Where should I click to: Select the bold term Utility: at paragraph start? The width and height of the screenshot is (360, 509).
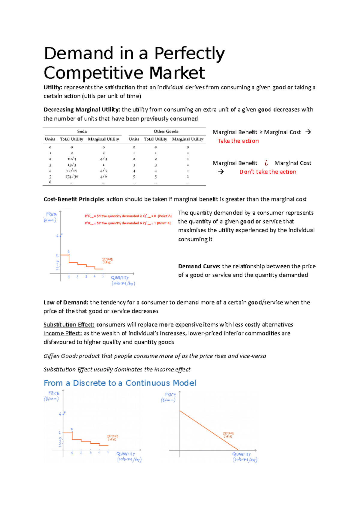pos(53,88)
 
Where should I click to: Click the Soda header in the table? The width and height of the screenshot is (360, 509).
pos(82,132)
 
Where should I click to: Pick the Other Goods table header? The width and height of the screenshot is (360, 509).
pos(166,132)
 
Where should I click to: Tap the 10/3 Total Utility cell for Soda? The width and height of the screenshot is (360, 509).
pos(72,159)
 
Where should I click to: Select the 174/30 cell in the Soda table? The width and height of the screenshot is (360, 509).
pos(72,177)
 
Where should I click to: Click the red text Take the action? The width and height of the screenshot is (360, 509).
pos(238,141)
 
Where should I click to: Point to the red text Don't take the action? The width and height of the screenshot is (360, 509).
pos(268,172)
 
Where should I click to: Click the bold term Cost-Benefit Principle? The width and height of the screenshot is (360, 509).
pos(74,199)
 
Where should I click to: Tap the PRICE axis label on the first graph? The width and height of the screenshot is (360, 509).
pos(51,215)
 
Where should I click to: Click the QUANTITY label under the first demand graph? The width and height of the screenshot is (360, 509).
pos(120,278)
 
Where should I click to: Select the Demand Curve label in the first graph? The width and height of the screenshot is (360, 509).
pos(107,261)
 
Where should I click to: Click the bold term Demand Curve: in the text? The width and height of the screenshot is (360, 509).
pos(199,266)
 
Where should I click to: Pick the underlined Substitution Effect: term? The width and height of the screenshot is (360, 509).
pos(69,325)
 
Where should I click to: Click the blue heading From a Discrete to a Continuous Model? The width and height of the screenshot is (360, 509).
pos(120,383)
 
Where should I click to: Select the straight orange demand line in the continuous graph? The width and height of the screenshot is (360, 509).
pos(209,430)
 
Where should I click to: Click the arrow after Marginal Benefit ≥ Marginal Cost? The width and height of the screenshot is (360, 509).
pos(308,132)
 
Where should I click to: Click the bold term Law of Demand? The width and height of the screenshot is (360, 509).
pos(66,302)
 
